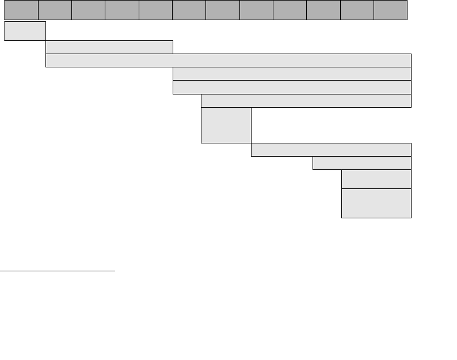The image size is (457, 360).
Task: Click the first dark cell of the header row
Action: click(21, 10)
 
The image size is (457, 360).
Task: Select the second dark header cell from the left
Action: click(55, 10)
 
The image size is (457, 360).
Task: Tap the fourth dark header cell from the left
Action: click(122, 10)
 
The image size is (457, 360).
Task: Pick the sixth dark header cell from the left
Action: click(189, 10)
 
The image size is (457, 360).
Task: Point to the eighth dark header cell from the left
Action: click(256, 10)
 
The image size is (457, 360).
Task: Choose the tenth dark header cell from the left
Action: click(323, 10)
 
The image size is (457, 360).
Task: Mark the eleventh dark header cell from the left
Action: click(357, 10)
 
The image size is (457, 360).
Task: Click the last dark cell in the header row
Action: click(390, 10)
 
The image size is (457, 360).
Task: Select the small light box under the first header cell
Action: click(25, 31)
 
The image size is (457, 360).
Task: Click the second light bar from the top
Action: click(109, 47)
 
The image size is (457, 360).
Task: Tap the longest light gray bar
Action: click(228, 60)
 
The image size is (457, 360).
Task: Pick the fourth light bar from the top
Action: click(292, 74)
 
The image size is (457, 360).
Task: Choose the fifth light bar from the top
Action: click(292, 87)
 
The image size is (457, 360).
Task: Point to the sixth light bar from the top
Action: click(306, 100)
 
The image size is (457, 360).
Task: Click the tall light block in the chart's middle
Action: click(226, 125)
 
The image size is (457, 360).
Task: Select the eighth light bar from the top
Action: click(331, 149)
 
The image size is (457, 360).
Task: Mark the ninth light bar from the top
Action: click(362, 163)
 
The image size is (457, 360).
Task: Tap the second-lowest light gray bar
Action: click(376, 179)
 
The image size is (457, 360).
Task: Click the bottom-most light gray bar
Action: click(376, 203)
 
